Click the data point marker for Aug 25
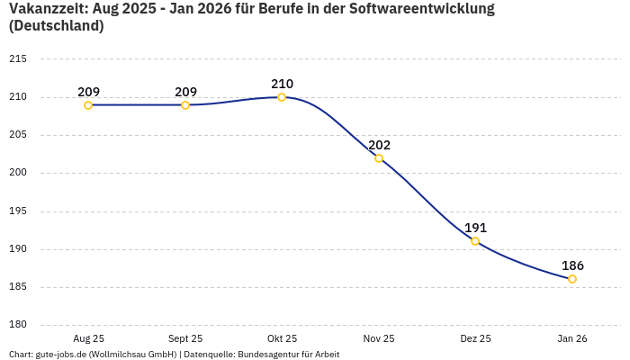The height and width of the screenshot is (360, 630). pos(88,105)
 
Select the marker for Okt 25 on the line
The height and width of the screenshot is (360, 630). pos(282,97)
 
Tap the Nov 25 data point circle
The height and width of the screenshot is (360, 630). pos(379,158)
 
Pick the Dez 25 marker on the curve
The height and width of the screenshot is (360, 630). pos(475,241)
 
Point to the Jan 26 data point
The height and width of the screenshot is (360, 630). pos(572,279)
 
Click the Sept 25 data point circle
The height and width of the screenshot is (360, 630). pos(185,105)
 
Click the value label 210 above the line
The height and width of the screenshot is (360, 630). pos(282,84)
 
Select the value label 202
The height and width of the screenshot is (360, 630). pos(379,145)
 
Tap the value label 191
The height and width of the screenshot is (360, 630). pos(475,228)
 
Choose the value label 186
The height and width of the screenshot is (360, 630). pos(572,265)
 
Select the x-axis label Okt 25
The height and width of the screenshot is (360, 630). pos(282,338)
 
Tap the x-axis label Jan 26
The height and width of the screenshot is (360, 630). pos(572,338)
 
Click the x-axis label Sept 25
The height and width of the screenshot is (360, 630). pos(185,338)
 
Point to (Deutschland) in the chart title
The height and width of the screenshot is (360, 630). pos(56,26)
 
